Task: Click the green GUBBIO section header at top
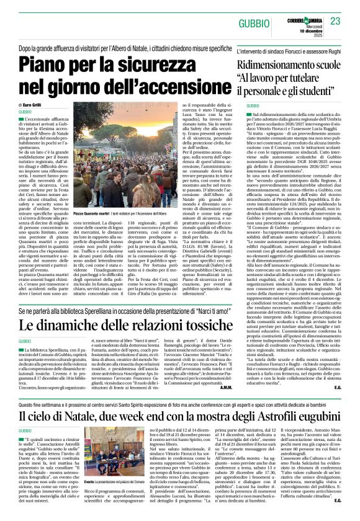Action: tap(254, 23)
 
